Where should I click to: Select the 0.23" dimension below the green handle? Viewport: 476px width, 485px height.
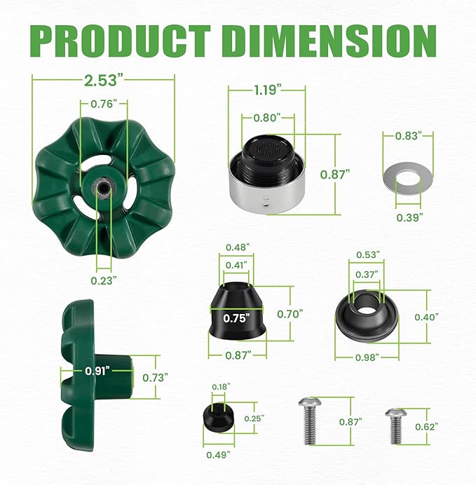[x=104, y=278]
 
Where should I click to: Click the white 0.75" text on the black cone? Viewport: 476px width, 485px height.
[x=237, y=317]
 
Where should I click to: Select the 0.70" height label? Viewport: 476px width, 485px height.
[x=309, y=313]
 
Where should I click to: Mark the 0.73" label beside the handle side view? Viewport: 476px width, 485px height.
[x=154, y=377]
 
